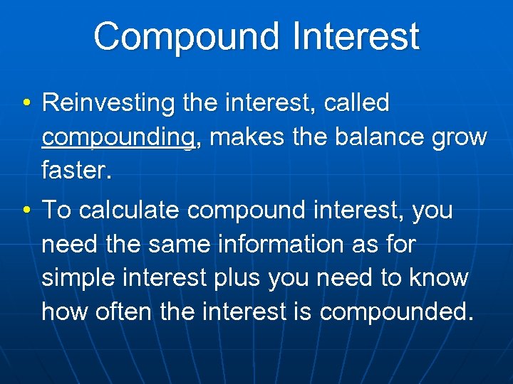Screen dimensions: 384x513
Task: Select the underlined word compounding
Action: point(118,137)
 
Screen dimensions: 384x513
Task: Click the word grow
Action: point(460,137)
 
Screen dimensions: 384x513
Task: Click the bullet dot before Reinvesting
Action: point(26,104)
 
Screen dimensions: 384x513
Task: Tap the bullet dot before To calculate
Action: point(26,210)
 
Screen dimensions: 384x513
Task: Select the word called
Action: point(356,104)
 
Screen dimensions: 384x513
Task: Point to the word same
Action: point(176,244)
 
